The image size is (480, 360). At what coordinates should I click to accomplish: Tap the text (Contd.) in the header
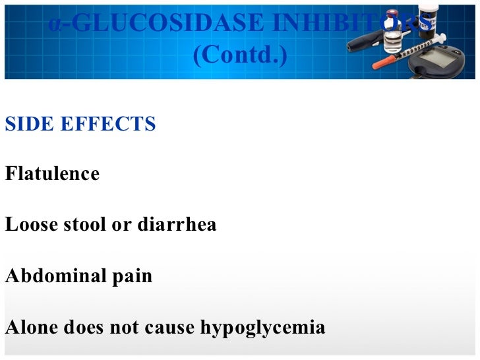[239, 55]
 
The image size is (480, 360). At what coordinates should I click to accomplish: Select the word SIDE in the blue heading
[27, 124]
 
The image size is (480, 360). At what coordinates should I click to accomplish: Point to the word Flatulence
[52, 174]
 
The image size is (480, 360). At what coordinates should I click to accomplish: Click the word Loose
[29, 225]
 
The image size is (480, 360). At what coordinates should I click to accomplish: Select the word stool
[88, 225]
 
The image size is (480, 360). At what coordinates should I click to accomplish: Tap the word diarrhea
[177, 225]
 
